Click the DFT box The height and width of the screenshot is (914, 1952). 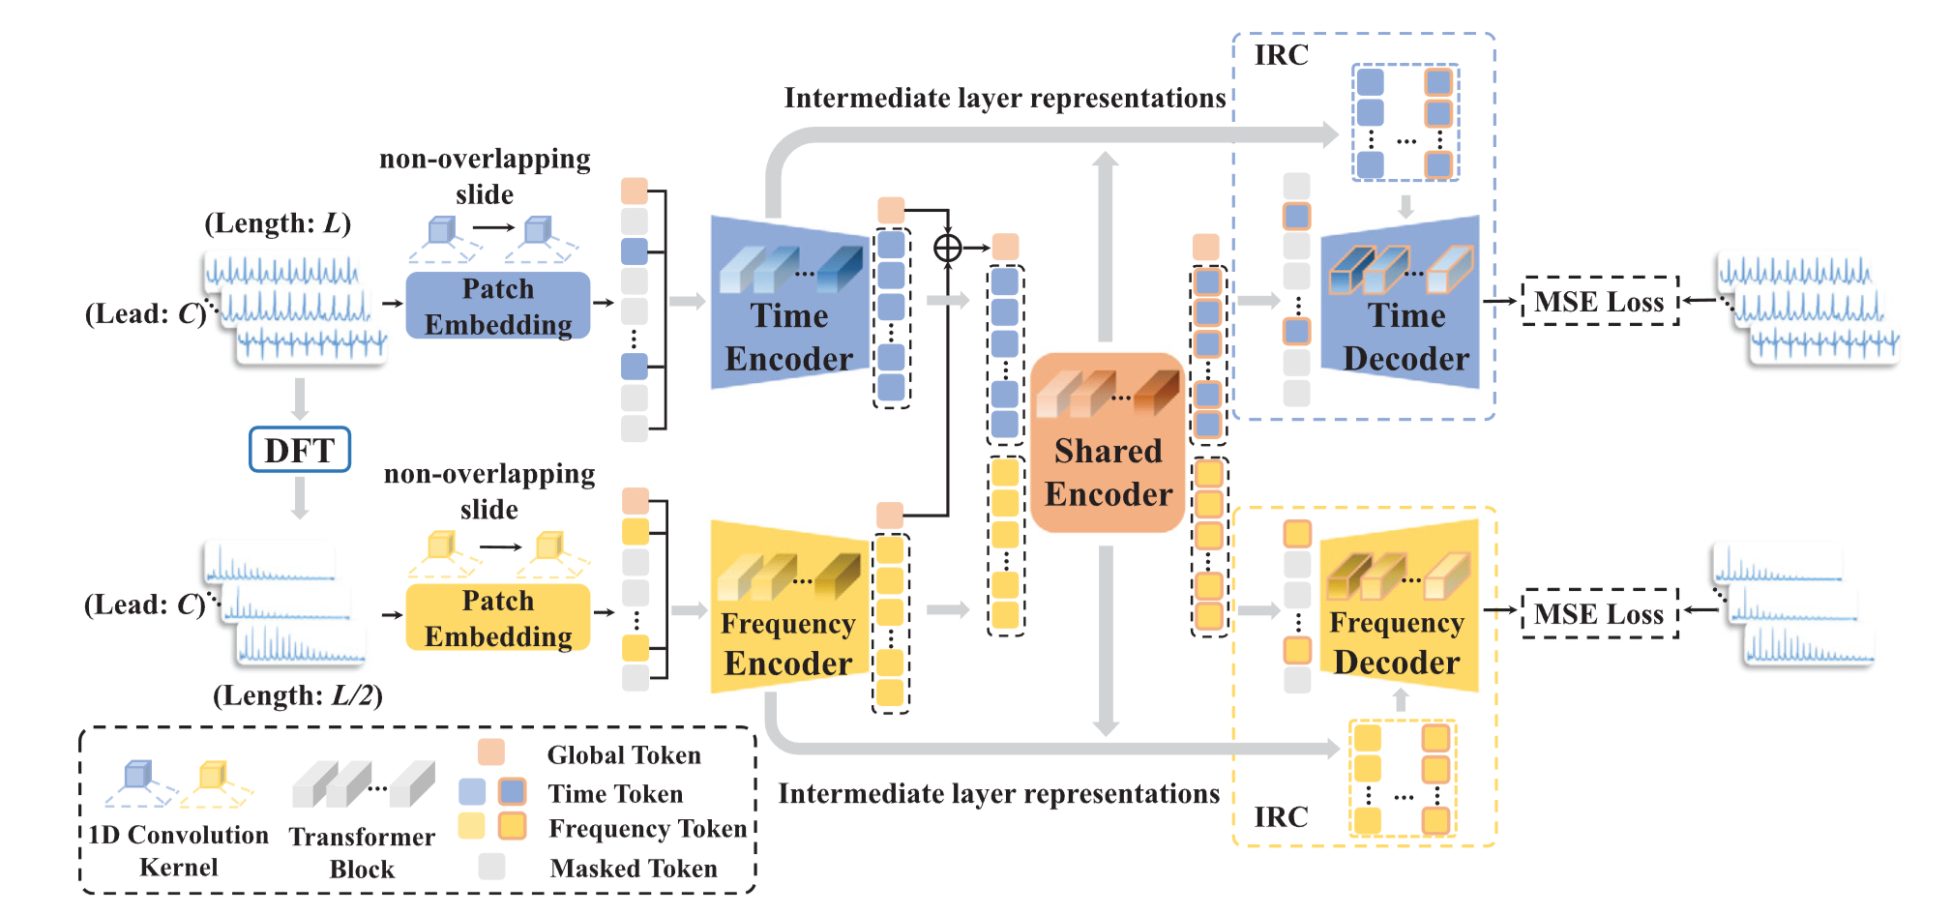point(299,450)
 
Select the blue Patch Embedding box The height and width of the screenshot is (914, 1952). point(498,306)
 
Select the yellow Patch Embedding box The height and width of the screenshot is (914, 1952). point(498,618)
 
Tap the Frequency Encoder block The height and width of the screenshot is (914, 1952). point(788,609)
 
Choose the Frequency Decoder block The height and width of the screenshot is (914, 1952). point(1400,609)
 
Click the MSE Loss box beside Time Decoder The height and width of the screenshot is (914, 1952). point(1599,301)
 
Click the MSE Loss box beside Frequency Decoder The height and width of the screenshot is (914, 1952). point(1599,613)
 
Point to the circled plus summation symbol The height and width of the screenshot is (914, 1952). point(948,249)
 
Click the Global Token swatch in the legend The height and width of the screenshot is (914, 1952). point(491,752)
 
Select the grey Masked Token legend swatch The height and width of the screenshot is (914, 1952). point(491,867)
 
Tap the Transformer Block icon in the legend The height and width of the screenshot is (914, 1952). point(363,784)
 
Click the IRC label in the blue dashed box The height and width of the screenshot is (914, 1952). point(1281,55)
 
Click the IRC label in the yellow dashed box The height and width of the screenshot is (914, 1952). point(1281,817)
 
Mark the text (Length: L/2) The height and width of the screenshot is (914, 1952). point(297,695)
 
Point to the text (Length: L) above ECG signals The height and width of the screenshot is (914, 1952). point(278,223)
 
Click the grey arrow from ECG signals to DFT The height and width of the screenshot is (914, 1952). point(300,398)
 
